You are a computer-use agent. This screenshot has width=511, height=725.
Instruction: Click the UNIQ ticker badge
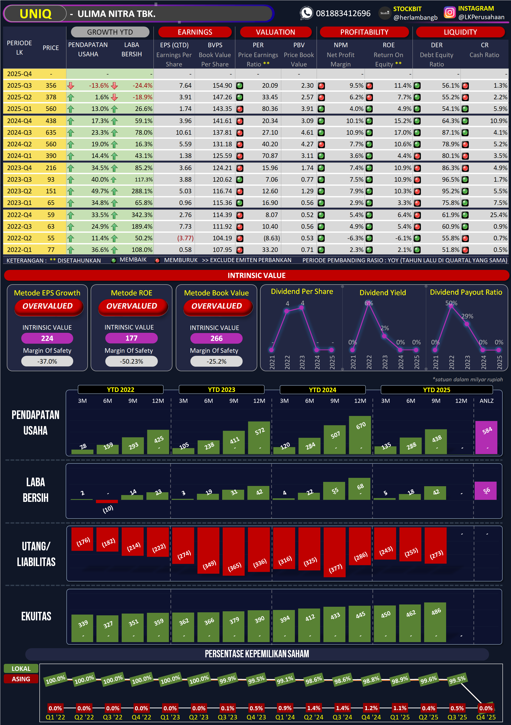[35, 14]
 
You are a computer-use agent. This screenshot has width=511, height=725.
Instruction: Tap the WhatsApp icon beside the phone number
[306, 13]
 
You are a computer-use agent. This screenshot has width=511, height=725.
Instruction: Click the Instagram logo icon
[449, 13]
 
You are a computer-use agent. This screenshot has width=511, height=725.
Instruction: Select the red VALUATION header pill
[275, 32]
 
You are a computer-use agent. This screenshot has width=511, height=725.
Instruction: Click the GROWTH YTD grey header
[110, 32]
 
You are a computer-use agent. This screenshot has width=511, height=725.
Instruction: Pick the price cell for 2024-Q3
[51, 132]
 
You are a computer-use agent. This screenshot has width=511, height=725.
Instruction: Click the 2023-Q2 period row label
[19, 191]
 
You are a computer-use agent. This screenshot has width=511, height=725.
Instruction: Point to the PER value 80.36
[270, 109]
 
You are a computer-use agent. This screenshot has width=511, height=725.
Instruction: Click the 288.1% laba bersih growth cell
[142, 191]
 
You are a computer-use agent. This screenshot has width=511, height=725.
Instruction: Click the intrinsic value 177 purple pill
[131, 338]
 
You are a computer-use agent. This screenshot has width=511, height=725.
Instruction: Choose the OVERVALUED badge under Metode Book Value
[217, 306]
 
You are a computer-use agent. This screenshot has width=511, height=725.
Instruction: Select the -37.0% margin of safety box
[47, 361]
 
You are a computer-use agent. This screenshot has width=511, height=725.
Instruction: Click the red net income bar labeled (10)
[107, 501]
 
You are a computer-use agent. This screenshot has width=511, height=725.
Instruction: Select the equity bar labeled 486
[435, 622]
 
